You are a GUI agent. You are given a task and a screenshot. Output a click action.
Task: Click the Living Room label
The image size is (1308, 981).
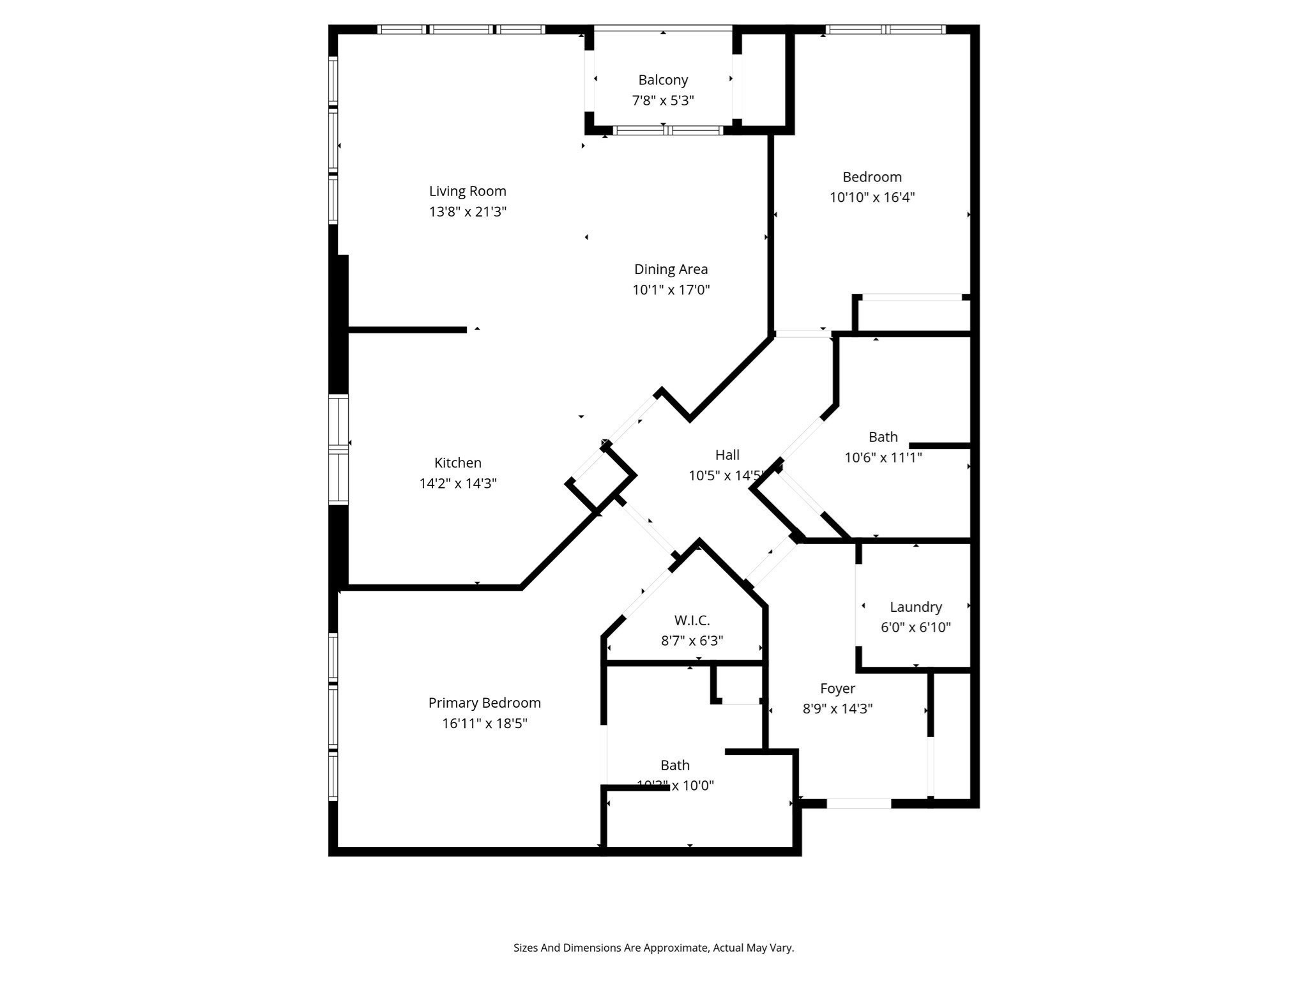click(x=468, y=191)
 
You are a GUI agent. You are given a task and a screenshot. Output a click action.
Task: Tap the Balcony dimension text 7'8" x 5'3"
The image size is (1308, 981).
click(x=663, y=100)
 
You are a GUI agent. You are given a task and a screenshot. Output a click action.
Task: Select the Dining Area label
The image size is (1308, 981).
click(x=671, y=270)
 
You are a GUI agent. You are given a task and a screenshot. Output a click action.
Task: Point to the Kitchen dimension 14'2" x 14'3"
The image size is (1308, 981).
click(x=458, y=483)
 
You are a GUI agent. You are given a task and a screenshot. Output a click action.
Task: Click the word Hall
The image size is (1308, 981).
click(x=727, y=455)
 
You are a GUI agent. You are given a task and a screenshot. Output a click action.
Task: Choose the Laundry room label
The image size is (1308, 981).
click(x=915, y=607)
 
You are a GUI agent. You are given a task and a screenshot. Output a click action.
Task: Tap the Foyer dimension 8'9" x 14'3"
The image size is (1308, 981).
click(x=837, y=708)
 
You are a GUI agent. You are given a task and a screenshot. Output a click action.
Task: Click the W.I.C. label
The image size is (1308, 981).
click(x=692, y=620)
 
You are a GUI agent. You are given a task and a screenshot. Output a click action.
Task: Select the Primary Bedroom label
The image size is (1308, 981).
click(x=484, y=703)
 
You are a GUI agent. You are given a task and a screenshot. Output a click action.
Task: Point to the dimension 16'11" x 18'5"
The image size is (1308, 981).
click(x=484, y=724)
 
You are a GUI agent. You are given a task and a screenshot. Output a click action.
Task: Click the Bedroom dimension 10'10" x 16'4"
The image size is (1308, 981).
click(x=872, y=197)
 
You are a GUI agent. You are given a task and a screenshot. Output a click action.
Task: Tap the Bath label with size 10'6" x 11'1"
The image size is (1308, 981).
click(x=883, y=437)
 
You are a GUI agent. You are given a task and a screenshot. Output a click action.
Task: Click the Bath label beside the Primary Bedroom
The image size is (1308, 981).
click(x=674, y=765)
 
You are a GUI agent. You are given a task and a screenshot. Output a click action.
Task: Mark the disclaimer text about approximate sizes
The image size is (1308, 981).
click(x=653, y=948)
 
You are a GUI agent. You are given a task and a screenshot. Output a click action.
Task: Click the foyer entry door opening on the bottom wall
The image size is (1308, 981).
click(x=858, y=803)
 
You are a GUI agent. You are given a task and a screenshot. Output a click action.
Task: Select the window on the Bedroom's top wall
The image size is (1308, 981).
click(x=885, y=29)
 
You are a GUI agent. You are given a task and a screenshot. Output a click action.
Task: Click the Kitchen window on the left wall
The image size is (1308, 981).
click(x=338, y=450)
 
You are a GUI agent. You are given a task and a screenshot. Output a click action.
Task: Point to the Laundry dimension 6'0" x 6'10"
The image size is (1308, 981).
click(x=915, y=627)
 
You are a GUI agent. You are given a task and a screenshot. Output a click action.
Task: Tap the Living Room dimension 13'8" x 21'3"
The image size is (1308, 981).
click(x=468, y=211)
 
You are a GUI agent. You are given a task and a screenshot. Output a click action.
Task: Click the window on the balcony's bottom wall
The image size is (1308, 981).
click(x=667, y=130)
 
